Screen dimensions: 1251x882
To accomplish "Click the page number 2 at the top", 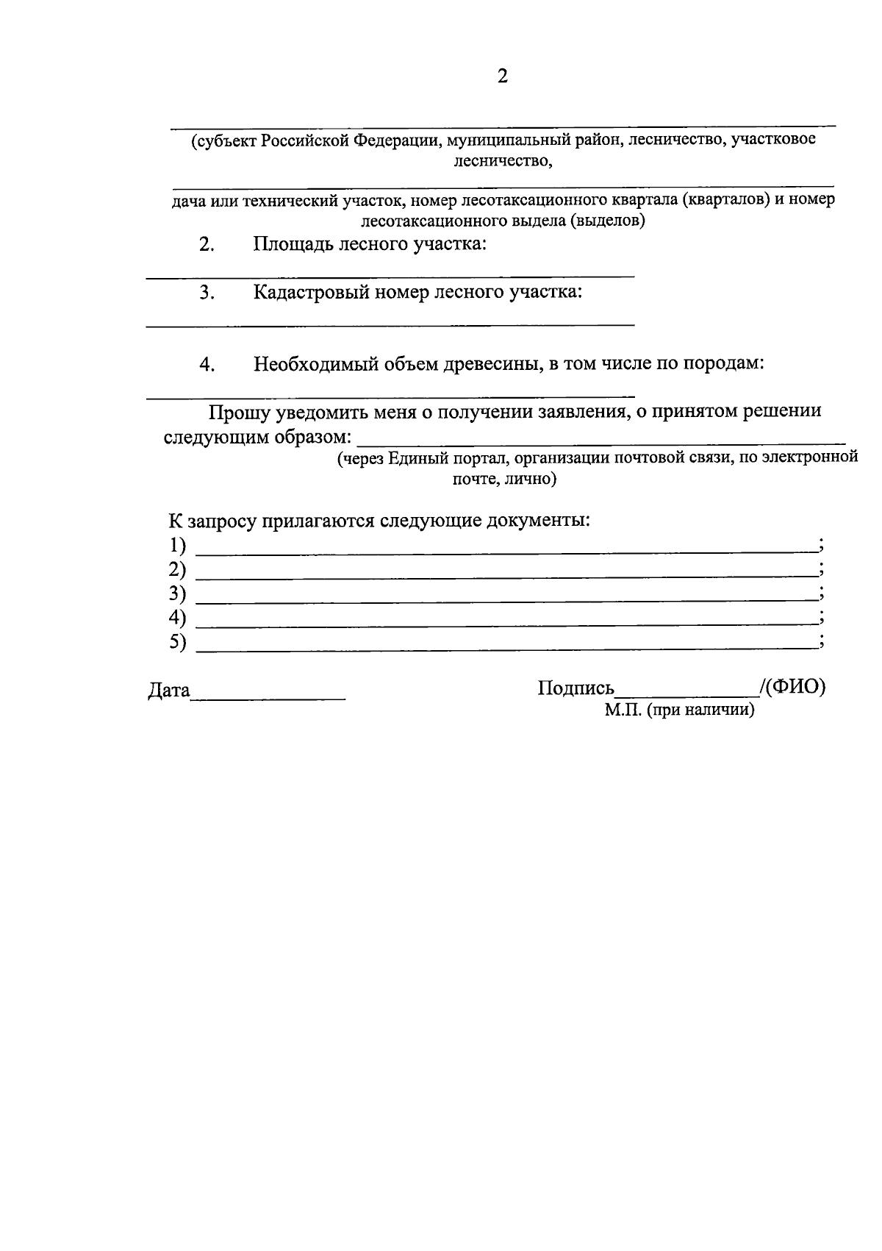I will (x=503, y=76).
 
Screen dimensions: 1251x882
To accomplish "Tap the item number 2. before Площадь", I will (x=206, y=245).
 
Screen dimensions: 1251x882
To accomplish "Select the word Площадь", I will (x=291, y=243).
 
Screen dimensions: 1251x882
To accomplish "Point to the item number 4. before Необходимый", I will (x=207, y=365).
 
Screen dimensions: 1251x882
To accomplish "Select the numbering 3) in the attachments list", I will (x=177, y=594).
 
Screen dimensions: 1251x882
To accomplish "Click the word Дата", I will (x=169, y=691).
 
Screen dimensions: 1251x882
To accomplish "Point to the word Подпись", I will (x=576, y=688).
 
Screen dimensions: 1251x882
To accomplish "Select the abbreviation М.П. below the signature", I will (x=623, y=710).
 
